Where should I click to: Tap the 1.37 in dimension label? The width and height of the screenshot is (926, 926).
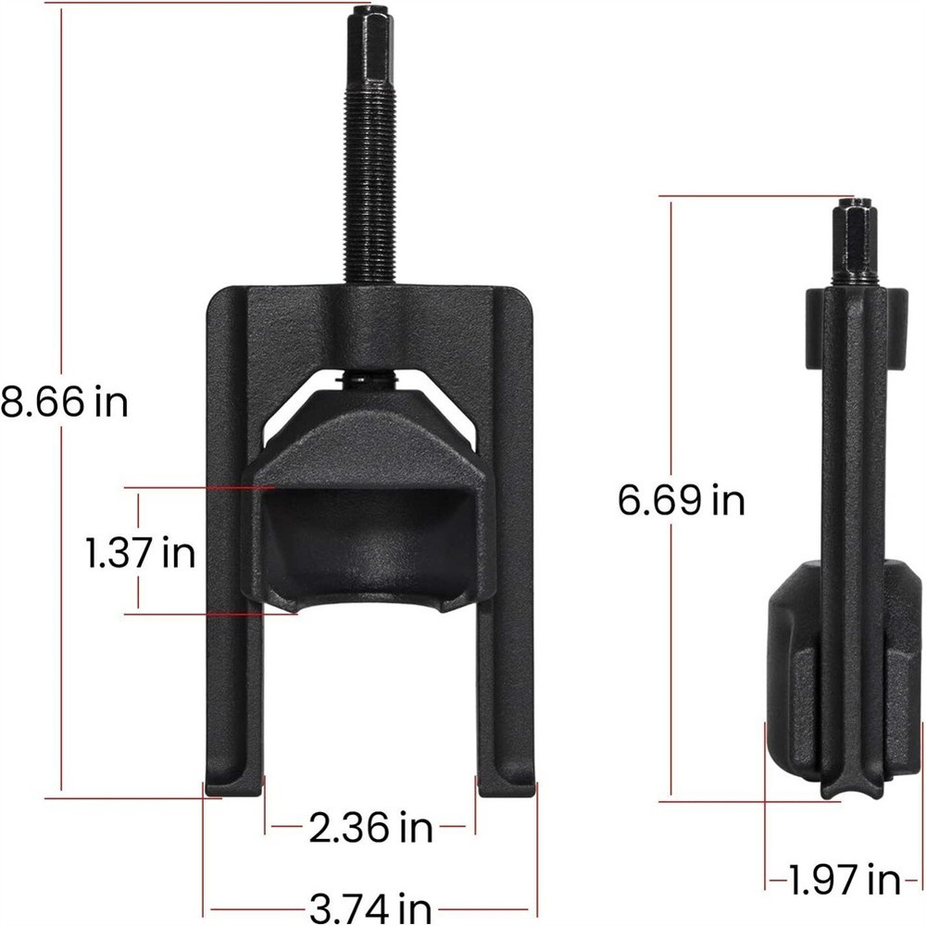point(141,554)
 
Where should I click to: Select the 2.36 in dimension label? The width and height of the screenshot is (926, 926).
point(370,827)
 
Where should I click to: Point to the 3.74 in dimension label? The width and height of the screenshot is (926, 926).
point(372,905)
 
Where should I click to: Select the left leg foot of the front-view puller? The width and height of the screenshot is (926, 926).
point(233,782)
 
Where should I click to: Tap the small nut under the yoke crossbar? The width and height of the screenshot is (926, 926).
point(370,380)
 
